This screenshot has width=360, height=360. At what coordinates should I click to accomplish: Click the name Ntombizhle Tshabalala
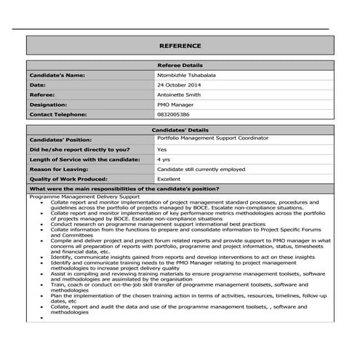pos(185,76)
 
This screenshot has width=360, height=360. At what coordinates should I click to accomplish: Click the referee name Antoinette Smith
pos(181,95)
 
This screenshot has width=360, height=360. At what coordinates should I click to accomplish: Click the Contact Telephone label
pos(57,114)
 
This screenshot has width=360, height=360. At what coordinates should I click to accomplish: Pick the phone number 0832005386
pos(173,114)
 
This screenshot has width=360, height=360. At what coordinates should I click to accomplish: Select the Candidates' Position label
pos(60,139)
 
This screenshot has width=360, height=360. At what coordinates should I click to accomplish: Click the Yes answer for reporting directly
pos(161,149)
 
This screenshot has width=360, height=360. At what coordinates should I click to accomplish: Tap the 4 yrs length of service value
pos(164,159)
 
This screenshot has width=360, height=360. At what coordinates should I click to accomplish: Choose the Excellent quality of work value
pos(169,179)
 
